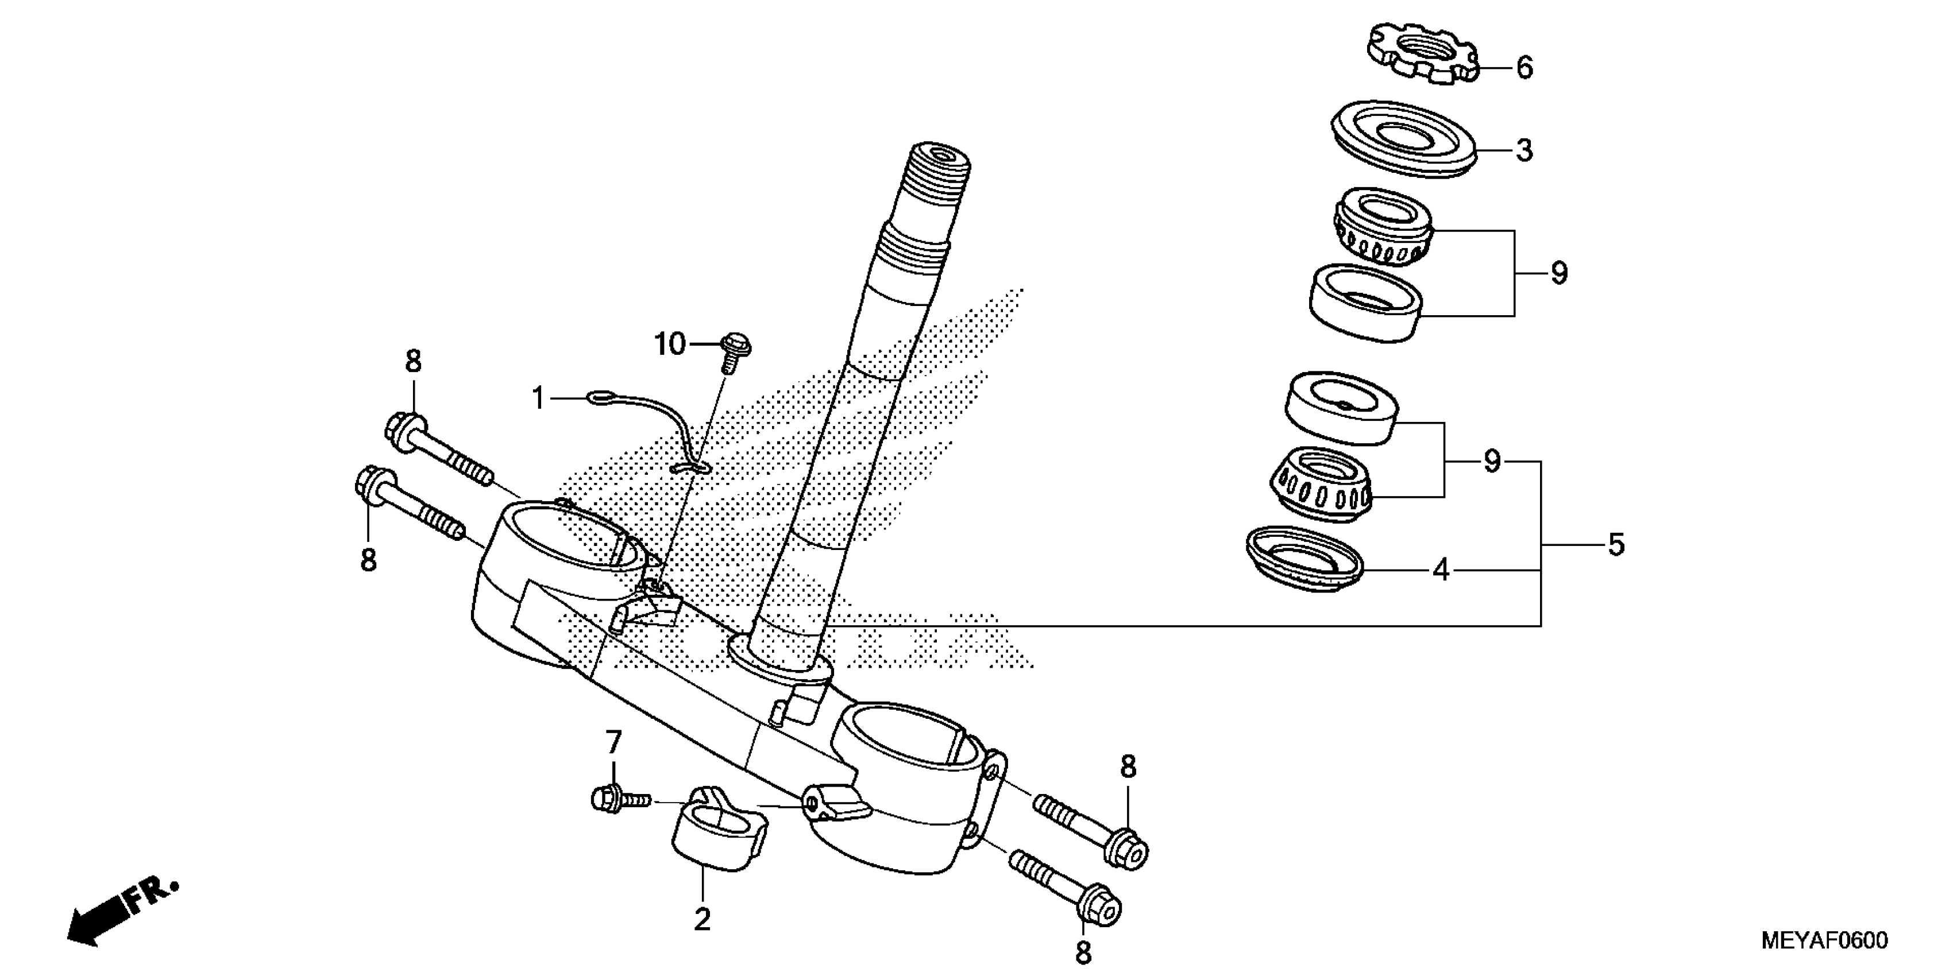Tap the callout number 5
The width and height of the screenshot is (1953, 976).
point(1616,545)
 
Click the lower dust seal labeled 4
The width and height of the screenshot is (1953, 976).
point(1304,560)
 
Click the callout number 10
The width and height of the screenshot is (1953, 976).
point(669,345)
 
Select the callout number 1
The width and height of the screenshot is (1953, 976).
point(538,398)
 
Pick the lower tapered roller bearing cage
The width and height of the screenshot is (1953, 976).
point(1321,486)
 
